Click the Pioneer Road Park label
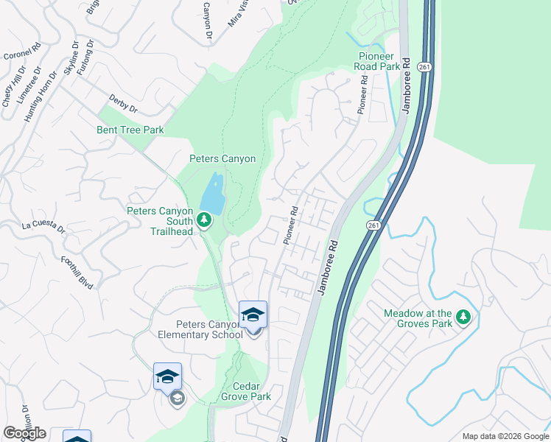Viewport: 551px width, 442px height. (379, 61)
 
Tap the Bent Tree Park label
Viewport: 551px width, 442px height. (130, 130)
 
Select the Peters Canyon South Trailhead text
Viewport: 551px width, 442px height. (160, 220)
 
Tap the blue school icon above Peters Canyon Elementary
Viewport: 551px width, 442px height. (253, 315)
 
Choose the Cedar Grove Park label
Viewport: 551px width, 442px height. (242, 391)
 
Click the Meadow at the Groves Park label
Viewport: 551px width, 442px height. (418, 318)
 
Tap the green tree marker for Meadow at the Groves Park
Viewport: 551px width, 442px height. (463, 318)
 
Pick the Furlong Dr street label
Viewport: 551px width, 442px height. (86, 56)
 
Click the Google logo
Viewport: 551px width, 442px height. (24, 433)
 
